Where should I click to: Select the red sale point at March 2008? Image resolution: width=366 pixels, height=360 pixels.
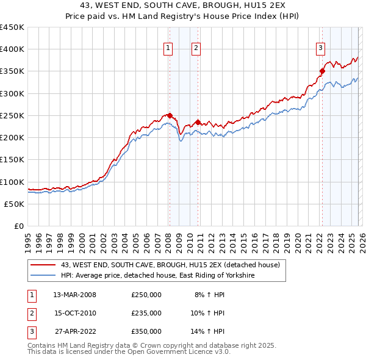point(170,115)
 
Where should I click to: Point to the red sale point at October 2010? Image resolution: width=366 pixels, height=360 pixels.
point(198,122)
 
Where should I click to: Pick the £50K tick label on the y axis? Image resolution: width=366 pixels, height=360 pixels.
point(15,204)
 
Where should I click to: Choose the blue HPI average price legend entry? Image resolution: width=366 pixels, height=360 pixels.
point(157,276)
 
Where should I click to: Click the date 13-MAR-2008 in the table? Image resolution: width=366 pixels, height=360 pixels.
point(75,295)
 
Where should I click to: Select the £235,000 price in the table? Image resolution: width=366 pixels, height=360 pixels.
point(146,313)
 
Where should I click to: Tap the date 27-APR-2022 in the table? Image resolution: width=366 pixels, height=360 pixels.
point(75,331)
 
